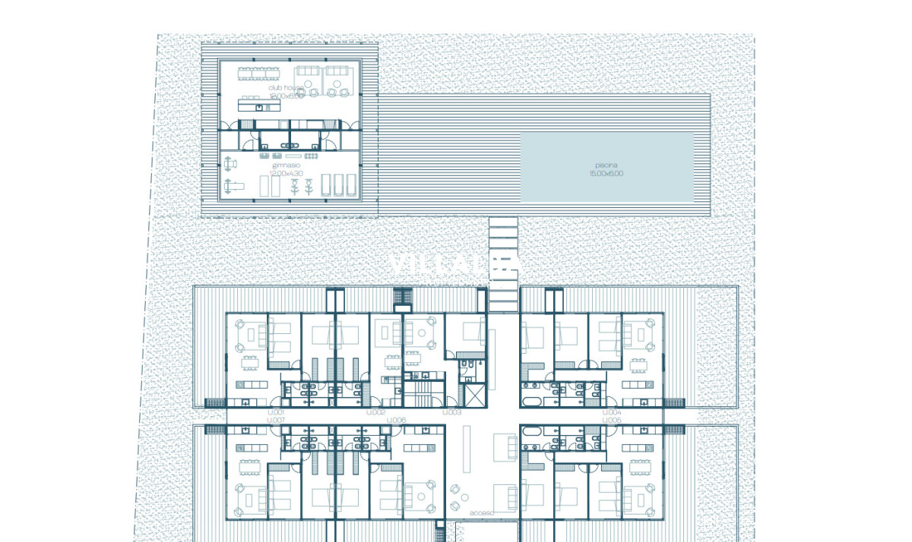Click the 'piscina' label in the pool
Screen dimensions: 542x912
(606, 165)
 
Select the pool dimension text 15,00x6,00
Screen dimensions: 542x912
(606, 174)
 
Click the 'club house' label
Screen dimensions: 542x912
(286, 88)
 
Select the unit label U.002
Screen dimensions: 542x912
(376, 412)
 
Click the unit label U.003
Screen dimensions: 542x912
(451, 412)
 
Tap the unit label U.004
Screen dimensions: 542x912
(612, 412)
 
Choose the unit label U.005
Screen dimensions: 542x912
(612, 420)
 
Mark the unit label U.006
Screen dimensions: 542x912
(396, 420)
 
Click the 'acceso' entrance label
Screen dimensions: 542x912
(482, 513)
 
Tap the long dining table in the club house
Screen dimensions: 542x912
(258, 74)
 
